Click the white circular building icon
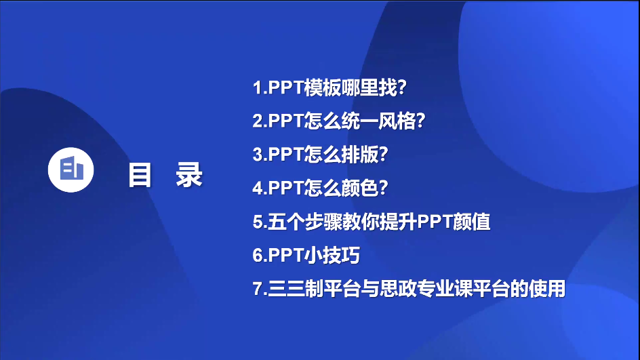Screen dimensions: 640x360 point(71,169)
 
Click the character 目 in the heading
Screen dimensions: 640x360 point(140,175)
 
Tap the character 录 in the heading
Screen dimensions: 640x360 point(189,175)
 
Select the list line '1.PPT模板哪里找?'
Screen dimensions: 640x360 point(329,87)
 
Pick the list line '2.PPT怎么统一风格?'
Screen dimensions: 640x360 point(339,121)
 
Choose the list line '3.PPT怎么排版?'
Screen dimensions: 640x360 point(320,155)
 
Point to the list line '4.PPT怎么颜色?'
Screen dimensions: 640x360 point(320,188)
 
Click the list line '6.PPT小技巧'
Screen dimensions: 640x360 point(306,255)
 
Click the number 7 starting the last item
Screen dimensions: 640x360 point(258,289)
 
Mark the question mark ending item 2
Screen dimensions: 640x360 point(420,121)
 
